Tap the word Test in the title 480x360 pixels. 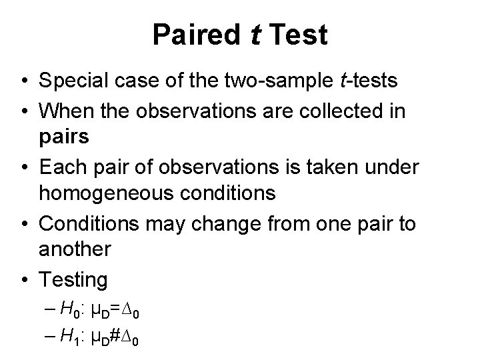click(298, 35)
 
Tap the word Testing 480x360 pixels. click(73, 279)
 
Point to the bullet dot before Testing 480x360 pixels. click(24, 279)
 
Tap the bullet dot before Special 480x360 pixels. click(24, 81)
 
